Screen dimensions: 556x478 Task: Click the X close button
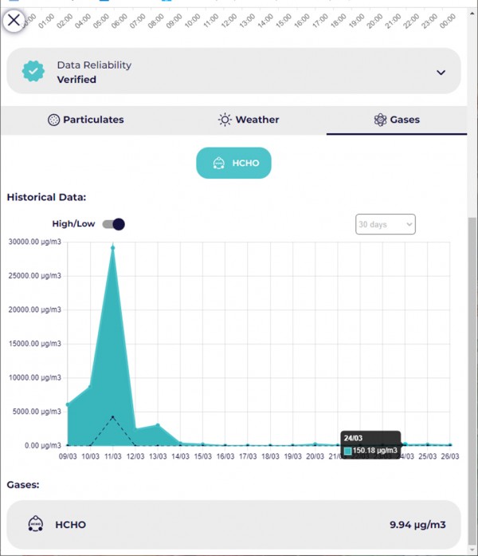(x=14, y=20)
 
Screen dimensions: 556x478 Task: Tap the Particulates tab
(x=86, y=120)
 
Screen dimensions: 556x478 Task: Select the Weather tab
(x=249, y=120)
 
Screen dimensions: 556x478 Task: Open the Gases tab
(x=397, y=120)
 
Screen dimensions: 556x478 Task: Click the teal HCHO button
(x=233, y=164)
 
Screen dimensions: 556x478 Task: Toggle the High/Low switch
(x=114, y=224)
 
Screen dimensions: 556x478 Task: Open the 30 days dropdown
(x=386, y=225)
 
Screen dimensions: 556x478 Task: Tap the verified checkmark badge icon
(x=33, y=72)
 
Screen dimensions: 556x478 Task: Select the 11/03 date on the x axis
(x=112, y=457)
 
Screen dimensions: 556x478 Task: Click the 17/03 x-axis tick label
(x=248, y=457)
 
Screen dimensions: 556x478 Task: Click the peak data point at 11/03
(x=113, y=247)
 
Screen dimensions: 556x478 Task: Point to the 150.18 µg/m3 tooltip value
(x=375, y=451)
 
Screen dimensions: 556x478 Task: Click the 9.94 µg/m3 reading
(x=417, y=524)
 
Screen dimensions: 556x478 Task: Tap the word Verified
(x=76, y=80)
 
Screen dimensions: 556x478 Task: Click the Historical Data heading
(x=46, y=197)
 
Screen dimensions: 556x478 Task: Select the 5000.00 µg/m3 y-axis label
(x=35, y=412)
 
